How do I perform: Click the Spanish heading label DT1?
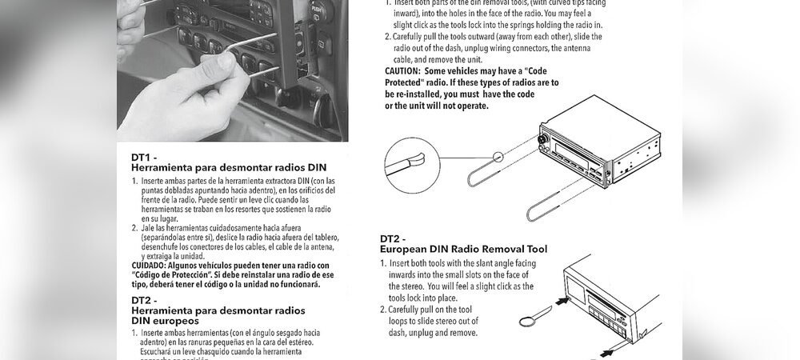(144, 158)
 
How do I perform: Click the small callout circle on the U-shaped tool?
(499, 158)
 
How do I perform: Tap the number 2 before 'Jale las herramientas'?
(134, 228)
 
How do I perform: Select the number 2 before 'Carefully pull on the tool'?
(387, 310)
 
